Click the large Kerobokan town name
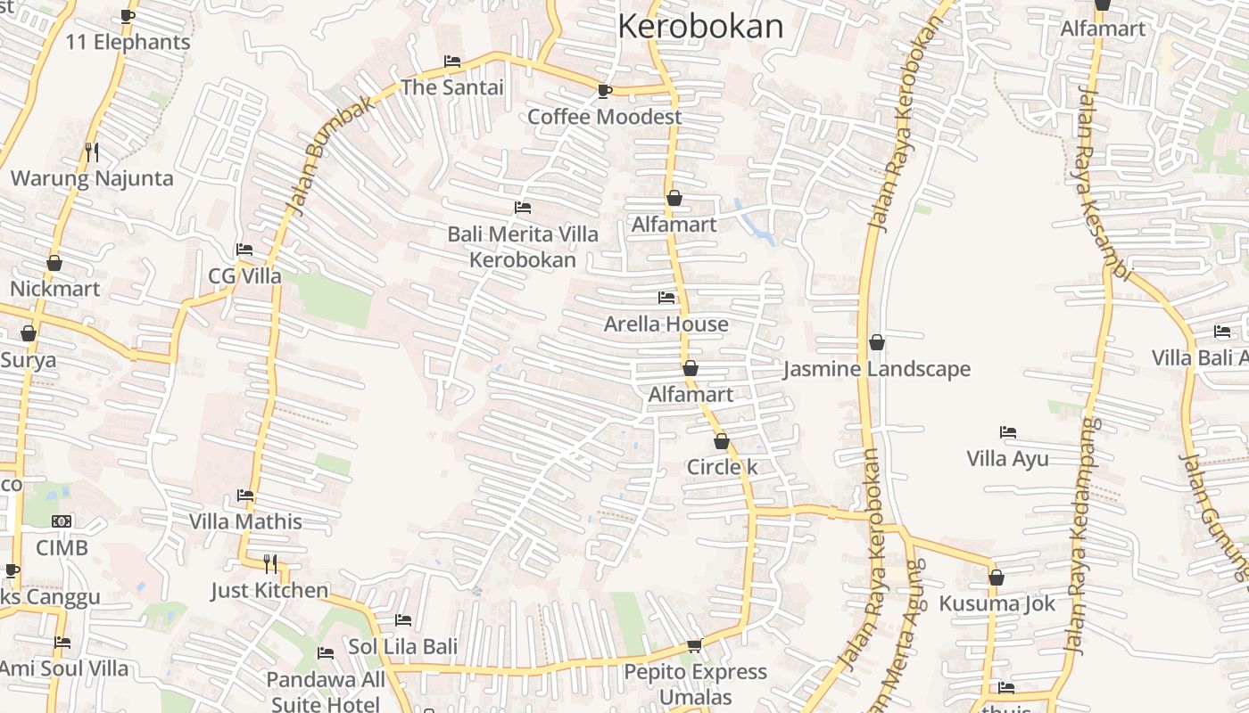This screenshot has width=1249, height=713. (700, 27)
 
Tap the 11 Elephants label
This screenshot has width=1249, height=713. (128, 42)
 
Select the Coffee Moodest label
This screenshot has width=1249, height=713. (604, 117)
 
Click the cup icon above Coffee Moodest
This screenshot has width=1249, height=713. (604, 91)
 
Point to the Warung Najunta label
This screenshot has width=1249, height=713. (92, 178)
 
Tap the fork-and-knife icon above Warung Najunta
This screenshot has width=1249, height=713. (92, 152)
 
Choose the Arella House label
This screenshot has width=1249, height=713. (666, 324)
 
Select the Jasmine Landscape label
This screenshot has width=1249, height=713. (876, 369)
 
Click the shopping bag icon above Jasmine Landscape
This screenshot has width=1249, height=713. (877, 342)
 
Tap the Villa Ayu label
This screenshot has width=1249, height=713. (1007, 459)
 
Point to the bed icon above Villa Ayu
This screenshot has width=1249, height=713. (1008, 432)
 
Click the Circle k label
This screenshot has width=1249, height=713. (722, 467)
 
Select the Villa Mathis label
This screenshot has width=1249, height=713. (245, 521)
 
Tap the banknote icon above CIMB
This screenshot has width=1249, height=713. (62, 520)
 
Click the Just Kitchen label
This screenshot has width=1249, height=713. (269, 590)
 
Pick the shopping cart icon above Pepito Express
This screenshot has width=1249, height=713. (694, 645)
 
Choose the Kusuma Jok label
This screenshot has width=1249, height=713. (997, 603)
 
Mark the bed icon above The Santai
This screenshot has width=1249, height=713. (452, 61)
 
